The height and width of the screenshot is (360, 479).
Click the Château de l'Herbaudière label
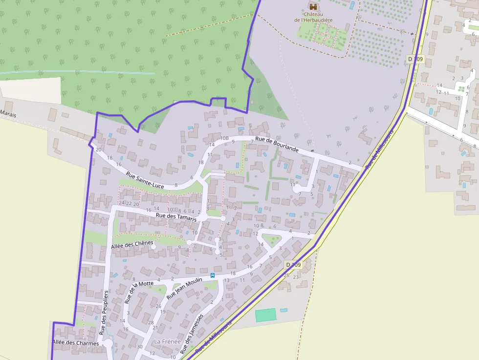313,17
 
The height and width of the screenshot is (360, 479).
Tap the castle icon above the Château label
313,6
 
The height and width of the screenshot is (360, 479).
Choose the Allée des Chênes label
132,244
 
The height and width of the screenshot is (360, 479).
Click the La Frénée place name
167,341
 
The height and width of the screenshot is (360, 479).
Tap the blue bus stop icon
213,275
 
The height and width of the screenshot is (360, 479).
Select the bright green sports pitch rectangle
265,315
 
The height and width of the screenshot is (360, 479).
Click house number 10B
224,138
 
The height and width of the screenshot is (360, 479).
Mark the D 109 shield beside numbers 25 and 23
293,264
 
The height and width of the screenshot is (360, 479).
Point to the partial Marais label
8,113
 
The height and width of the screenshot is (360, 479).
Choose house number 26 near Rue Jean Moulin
158,306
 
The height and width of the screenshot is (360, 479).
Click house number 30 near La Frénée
140,346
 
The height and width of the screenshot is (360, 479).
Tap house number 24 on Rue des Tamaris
122,203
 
